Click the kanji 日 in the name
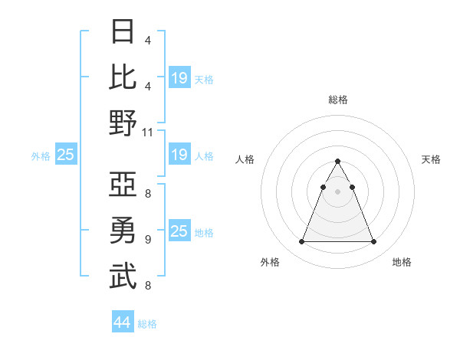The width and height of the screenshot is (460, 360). pyautogui.click(x=123, y=32)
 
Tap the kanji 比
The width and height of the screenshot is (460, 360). pyautogui.click(x=123, y=77)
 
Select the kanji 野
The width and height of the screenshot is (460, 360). pyautogui.click(x=123, y=123)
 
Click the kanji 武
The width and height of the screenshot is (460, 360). pyautogui.click(x=123, y=276)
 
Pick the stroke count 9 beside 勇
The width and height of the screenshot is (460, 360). pyautogui.click(x=147, y=240)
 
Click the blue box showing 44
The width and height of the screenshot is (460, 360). pyautogui.click(x=122, y=322)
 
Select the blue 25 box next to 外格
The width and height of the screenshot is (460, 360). pyautogui.click(x=65, y=155)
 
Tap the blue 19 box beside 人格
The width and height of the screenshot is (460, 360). pyautogui.click(x=179, y=155)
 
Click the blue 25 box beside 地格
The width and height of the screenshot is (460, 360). pyautogui.click(x=179, y=231)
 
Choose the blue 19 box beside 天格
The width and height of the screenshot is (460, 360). pyautogui.click(x=179, y=78)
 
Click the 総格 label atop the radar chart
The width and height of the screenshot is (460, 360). pyautogui.click(x=337, y=100)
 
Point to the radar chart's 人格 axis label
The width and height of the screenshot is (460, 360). pyautogui.click(x=245, y=159)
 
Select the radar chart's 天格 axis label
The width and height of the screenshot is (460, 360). pyautogui.click(x=431, y=159)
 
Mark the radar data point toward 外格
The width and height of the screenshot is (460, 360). pyautogui.click(x=301, y=242)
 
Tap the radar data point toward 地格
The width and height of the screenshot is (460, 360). pyautogui.click(x=373, y=242)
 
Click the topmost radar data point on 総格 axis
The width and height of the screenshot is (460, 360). pyautogui.click(x=337, y=162)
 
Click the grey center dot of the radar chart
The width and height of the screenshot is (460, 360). pyautogui.click(x=337, y=191)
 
